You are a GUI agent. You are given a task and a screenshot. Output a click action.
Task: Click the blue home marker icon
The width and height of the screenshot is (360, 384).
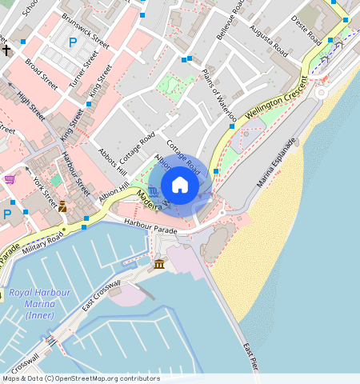[x=180, y=186]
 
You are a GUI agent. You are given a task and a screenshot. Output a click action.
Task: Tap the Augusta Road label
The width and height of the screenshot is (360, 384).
[x=269, y=38]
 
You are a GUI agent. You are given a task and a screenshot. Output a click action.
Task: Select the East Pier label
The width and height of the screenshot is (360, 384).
[x=251, y=358]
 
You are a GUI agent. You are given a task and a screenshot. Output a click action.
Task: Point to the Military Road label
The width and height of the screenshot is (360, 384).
[x=45, y=238]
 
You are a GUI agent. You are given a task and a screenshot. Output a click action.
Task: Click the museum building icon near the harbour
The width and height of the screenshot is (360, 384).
[x=159, y=264]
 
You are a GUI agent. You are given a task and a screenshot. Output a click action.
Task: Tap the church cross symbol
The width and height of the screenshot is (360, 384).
[x=6, y=50]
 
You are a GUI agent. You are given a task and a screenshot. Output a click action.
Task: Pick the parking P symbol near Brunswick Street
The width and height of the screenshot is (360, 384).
[x=74, y=42]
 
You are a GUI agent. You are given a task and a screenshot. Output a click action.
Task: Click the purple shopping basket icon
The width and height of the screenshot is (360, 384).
[x=10, y=179]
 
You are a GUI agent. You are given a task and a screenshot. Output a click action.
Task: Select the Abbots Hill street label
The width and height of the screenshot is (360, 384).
[x=112, y=161]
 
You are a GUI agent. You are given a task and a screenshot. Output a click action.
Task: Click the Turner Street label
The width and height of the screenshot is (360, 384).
[x=82, y=70]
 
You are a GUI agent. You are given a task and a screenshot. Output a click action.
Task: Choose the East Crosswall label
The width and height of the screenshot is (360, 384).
[x=101, y=295]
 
